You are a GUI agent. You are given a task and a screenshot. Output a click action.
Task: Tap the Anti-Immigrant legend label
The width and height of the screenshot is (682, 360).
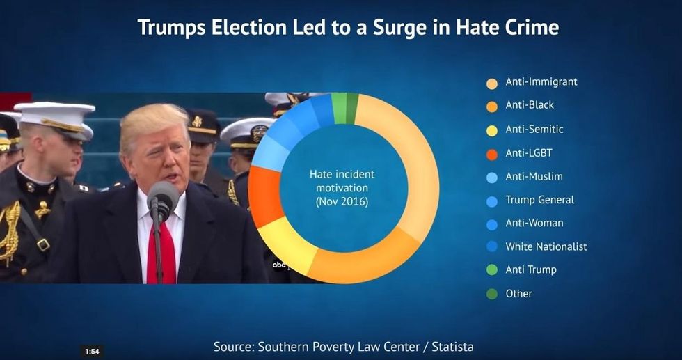click(541, 82)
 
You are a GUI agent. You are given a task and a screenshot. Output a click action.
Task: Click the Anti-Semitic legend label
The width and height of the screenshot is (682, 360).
click(534, 130)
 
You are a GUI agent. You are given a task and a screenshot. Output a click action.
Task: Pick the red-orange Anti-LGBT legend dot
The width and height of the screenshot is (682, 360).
click(491, 153)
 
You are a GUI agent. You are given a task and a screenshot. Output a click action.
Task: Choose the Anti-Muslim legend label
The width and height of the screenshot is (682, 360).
click(534, 177)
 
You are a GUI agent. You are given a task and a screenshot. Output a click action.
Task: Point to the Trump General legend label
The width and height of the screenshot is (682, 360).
click(539, 200)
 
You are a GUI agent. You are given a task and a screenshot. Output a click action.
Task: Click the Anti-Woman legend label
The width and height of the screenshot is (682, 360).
click(534, 224)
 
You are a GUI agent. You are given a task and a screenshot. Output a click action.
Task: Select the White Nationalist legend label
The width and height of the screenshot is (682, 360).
click(546, 246)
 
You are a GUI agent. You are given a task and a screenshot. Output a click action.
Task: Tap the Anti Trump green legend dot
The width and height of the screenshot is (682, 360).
click(491, 270)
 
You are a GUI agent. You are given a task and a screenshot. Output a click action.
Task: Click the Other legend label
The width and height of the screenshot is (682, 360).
click(518, 294)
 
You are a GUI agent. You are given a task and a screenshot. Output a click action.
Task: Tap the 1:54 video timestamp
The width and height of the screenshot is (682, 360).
click(91, 351)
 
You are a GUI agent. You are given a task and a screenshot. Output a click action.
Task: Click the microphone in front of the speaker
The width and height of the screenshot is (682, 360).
click(161, 202)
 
